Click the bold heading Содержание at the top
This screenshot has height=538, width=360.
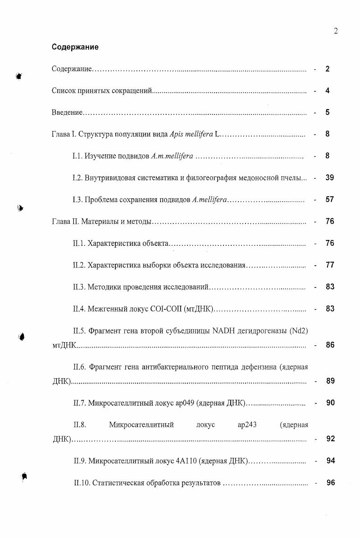75,47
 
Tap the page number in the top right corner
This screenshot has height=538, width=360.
336,31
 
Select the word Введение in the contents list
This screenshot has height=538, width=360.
66,113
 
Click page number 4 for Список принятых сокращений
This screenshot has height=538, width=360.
328,90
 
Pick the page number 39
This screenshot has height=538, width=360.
329,178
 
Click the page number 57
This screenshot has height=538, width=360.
329,199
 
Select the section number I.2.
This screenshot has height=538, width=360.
77,178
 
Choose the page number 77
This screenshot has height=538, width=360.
329,265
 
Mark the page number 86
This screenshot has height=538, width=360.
330,346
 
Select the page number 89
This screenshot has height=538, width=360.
330,381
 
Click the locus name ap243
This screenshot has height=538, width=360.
247,425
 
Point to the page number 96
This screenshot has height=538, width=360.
330,483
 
